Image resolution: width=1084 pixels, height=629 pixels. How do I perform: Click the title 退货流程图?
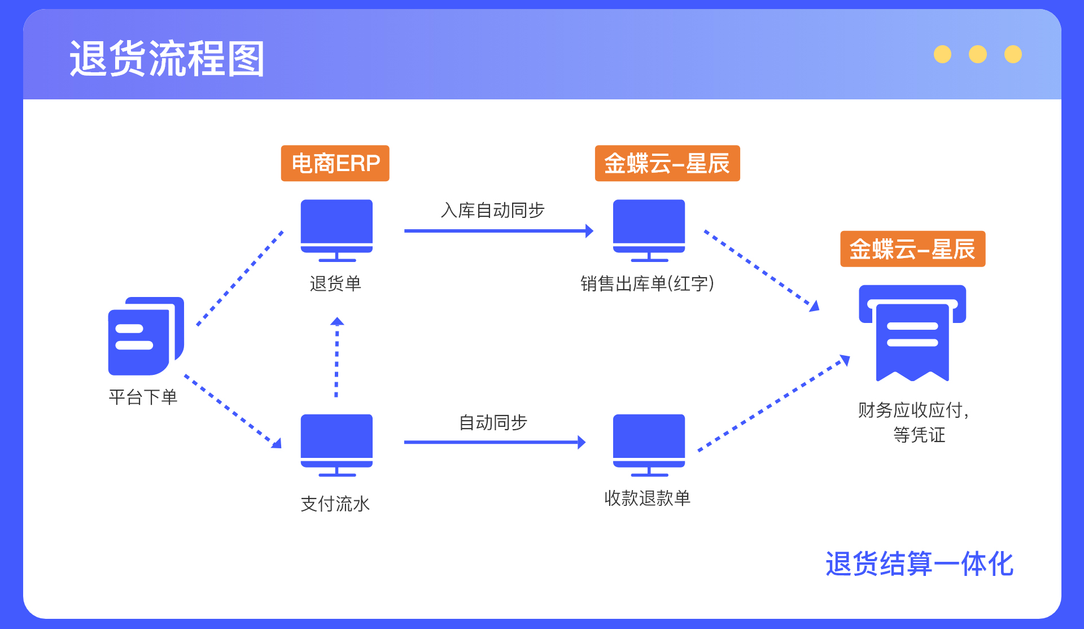click(x=167, y=58)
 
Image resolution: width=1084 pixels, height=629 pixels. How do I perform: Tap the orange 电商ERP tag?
click(x=335, y=163)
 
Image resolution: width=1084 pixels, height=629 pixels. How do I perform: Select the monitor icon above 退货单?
click(x=336, y=230)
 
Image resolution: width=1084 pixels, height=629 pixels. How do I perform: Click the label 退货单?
click(x=335, y=283)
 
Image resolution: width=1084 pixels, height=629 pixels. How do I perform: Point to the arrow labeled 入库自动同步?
click(x=499, y=230)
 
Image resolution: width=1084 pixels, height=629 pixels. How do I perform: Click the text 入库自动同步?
click(x=492, y=210)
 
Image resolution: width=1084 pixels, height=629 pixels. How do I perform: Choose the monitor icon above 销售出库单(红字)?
click(x=649, y=230)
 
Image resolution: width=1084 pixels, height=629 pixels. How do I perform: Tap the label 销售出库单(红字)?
click(x=648, y=283)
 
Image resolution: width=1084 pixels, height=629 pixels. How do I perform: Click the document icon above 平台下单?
click(x=146, y=336)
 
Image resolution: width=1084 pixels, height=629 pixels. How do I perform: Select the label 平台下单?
click(x=143, y=397)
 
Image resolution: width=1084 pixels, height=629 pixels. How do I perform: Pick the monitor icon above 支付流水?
click(x=336, y=445)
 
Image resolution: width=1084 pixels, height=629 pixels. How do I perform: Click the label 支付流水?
click(x=335, y=504)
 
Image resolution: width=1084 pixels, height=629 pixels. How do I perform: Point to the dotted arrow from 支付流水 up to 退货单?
click(x=337, y=357)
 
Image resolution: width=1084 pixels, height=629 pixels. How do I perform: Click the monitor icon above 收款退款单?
click(x=649, y=445)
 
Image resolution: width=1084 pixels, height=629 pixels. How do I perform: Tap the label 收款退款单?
click(x=648, y=498)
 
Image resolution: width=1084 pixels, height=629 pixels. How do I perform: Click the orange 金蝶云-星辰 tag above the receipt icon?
click(x=913, y=249)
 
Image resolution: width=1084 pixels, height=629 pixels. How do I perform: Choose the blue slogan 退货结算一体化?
click(x=920, y=564)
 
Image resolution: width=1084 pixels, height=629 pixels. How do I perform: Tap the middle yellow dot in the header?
click(x=978, y=54)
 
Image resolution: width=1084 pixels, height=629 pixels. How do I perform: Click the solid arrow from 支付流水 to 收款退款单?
click(x=495, y=442)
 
